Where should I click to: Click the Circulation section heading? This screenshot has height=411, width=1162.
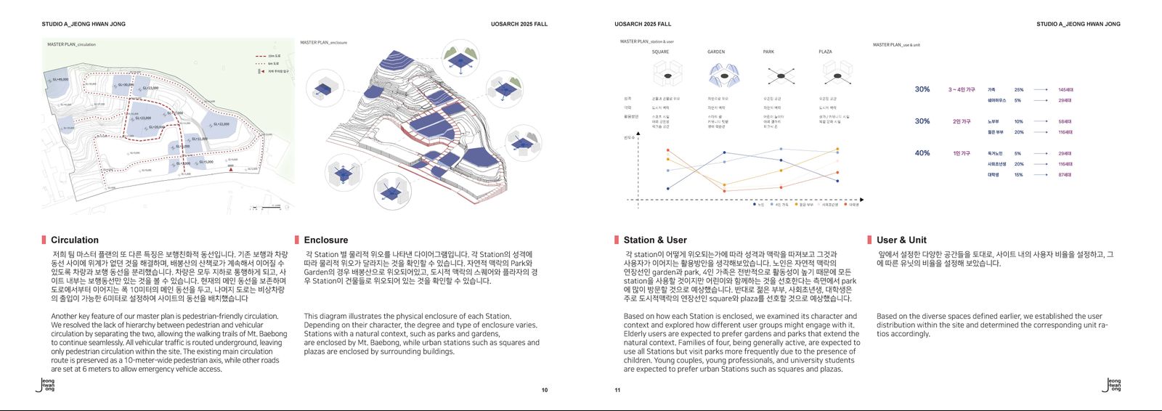(x=75, y=240)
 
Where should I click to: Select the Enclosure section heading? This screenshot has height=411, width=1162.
(x=326, y=240)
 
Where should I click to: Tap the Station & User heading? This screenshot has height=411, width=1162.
(x=655, y=240)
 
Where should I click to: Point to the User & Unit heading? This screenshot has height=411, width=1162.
(x=901, y=240)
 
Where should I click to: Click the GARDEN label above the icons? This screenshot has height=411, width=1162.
(x=716, y=52)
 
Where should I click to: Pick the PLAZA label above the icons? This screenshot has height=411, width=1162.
(x=825, y=52)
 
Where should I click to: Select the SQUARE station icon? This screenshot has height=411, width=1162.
(x=667, y=74)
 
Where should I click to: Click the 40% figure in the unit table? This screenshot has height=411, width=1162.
(x=922, y=153)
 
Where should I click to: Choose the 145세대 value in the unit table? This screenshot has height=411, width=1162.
(x=1065, y=90)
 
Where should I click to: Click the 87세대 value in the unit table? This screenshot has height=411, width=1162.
(x=1065, y=175)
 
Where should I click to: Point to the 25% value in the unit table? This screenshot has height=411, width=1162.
(x=1019, y=90)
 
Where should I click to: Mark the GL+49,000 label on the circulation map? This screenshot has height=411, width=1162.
(x=60, y=80)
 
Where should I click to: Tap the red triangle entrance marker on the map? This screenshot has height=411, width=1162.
(x=231, y=168)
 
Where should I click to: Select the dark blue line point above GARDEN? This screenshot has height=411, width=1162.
(x=724, y=152)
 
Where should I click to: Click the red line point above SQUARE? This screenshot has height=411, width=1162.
(x=667, y=151)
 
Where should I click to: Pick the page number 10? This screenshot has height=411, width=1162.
(x=545, y=390)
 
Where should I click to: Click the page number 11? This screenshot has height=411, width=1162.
(x=617, y=390)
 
